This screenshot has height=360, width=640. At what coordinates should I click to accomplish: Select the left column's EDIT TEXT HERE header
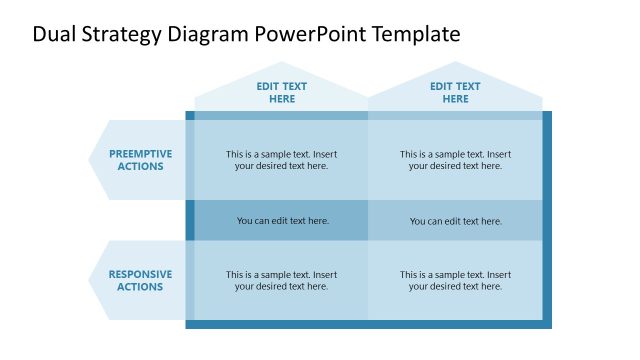click(x=282, y=93)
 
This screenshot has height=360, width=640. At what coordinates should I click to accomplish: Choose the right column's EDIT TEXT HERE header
click(x=455, y=93)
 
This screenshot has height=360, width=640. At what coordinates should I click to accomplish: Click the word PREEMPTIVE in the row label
click(x=140, y=154)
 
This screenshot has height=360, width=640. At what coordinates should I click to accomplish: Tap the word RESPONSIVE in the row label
click(x=140, y=274)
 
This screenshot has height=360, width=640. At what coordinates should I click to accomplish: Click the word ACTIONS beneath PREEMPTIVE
click(x=140, y=167)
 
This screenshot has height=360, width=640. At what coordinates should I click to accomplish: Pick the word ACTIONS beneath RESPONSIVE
click(x=140, y=287)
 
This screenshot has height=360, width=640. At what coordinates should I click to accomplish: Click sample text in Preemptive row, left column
click(x=281, y=160)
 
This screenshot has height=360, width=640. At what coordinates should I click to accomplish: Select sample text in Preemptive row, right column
click(x=455, y=160)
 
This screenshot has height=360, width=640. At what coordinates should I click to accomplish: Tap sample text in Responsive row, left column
click(x=281, y=280)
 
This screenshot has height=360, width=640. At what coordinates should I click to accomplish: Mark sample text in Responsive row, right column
click(x=455, y=280)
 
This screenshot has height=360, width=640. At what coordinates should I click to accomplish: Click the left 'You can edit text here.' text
click(x=282, y=221)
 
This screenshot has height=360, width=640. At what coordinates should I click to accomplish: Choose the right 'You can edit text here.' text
click(x=455, y=221)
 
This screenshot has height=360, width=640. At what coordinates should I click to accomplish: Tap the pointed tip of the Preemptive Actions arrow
click(x=91, y=160)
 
